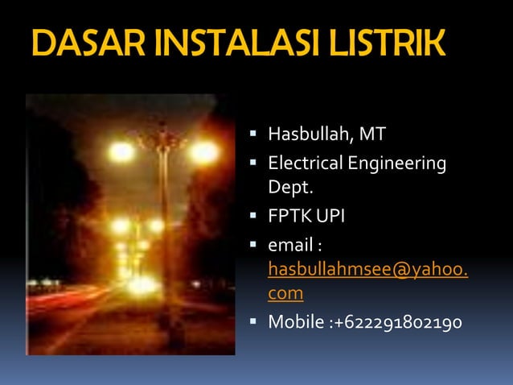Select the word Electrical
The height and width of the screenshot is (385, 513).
(304, 164)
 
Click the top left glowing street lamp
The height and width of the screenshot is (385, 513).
(121, 151)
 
